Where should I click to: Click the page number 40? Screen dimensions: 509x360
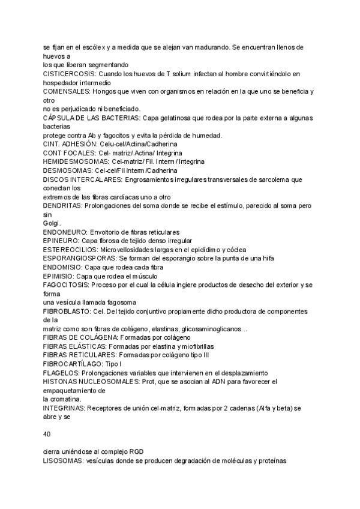coord(47,434)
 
